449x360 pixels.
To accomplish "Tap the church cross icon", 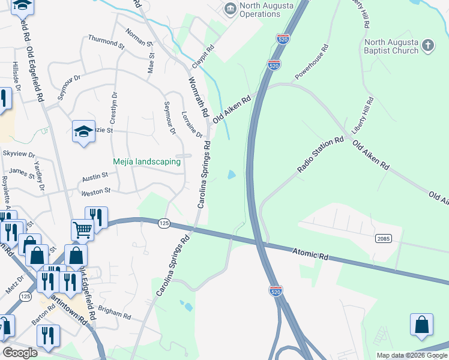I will click(x=427, y=46).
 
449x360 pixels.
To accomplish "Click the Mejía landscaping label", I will click(x=147, y=161).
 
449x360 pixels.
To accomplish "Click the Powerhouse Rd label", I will click(x=312, y=62).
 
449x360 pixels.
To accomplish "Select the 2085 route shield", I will click(x=384, y=238).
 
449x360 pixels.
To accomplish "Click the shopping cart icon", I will click(x=82, y=229).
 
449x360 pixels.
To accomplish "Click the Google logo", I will click(x=20, y=353).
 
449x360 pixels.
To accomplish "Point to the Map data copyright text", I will click(x=411, y=355).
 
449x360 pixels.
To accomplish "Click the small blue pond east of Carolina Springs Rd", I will click(x=231, y=175).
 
